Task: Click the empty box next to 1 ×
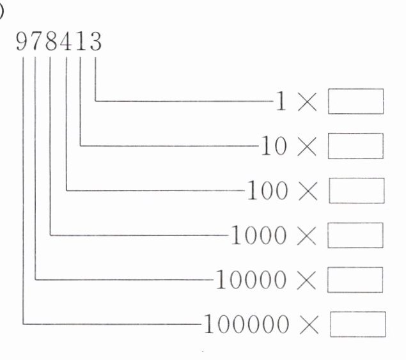[x=355, y=102]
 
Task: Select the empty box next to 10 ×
[x=355, y=146]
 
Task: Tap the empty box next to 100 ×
[x=355, y=191]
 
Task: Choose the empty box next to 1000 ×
[x=355, y=235]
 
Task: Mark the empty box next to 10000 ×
[x=355, y=279]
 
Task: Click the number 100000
[x=245, y=324]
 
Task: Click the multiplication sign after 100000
[x=307, y=325]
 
